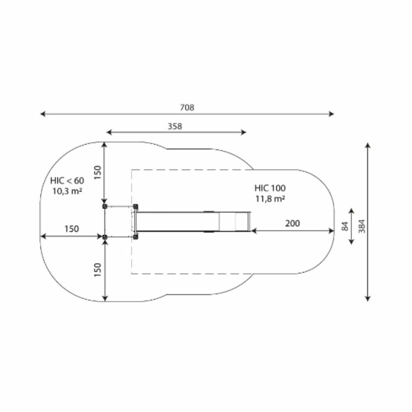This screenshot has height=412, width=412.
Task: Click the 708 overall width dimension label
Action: click(x=187, y=108)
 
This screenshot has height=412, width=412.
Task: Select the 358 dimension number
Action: click(x=175, y=126)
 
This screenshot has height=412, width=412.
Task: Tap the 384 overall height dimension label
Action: click(x=362, y=226)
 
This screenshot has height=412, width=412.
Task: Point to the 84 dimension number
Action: click(x=345, y=226)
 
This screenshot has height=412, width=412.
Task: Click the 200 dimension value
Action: click(x=293, y=223)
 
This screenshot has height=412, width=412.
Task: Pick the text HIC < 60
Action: click(x=67, y=181)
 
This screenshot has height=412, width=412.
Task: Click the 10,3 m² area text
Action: click(x=67, y=191)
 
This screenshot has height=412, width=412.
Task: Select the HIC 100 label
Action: click(x=270, y=188)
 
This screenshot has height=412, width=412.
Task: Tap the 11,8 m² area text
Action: click(x=270, y=199)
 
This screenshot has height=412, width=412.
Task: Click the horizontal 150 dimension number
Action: click(x=72, y=229)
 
